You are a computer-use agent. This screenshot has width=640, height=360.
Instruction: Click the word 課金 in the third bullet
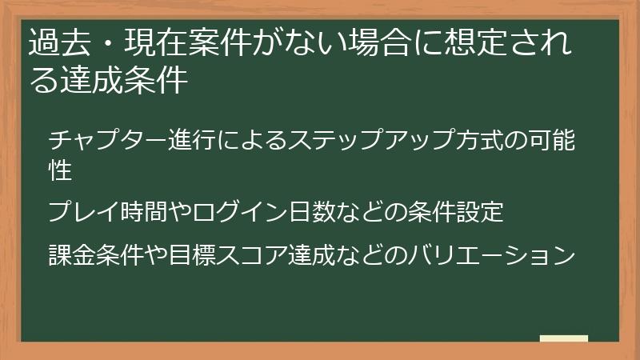[x=71, y=256]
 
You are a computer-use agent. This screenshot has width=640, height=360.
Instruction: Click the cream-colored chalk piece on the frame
[x=564, y=338]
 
